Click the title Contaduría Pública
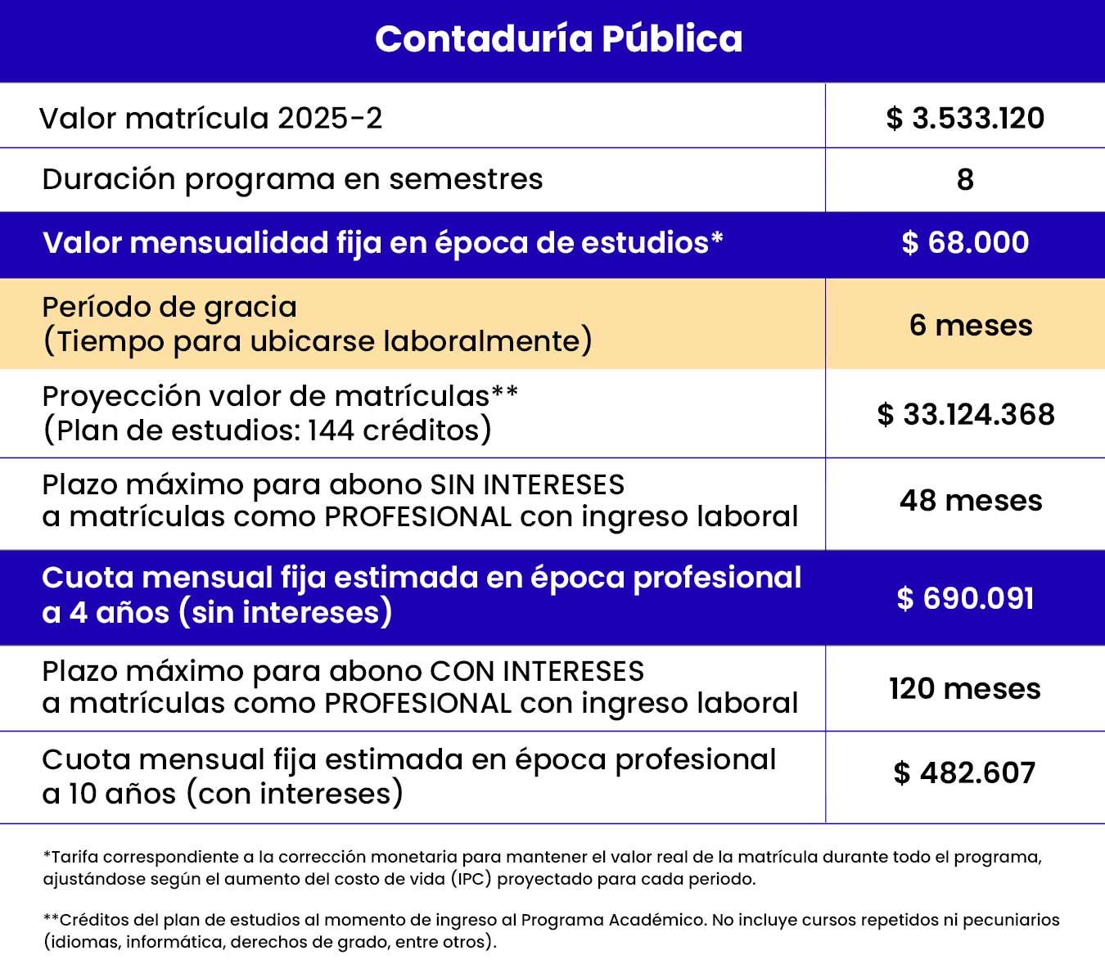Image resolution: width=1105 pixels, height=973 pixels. (x=558, y=38)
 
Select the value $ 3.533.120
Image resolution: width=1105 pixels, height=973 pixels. (x=965, y=118)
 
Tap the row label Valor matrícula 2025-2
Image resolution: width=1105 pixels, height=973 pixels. (x=210, y=118)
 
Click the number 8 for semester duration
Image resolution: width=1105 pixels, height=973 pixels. (x=965, y=179)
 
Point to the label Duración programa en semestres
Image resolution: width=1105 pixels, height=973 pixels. (x=292, y=179)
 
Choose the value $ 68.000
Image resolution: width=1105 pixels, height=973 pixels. (x=965, y=242)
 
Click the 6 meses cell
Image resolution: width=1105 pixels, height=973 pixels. (x=971, y=325)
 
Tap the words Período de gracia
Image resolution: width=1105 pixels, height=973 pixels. (x=169, y=307)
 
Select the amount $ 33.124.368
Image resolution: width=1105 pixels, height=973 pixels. (x=966, y=414)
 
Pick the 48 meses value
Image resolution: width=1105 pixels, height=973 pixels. (x=971, y=500)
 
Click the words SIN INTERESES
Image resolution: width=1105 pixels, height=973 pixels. (x=527, y=484)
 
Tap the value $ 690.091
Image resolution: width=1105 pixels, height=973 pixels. (x=965, y=598)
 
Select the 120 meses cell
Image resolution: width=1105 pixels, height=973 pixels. (x=965, y=688)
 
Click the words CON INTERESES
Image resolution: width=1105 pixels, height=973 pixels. (x=537, y=671)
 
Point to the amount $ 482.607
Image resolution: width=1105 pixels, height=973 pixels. (x=964, y=773)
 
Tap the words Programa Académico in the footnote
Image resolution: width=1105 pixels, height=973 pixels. (x=613, y=920)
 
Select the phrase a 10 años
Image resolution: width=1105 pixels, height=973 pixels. (x=109, y=793)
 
